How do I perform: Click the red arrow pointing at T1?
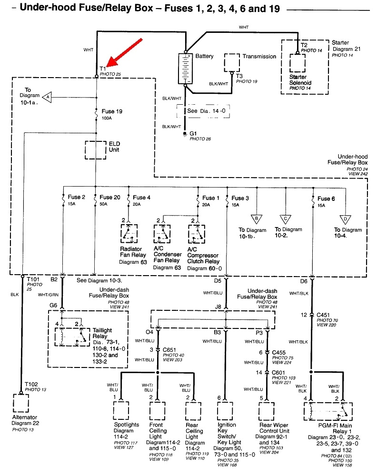pos(125,52)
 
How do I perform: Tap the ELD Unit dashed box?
pos(96,149)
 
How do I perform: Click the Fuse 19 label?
pos(112,111)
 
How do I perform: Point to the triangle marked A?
pos(47,97)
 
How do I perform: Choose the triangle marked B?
pos(257,218)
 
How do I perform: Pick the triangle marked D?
pos(345,218)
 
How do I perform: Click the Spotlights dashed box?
pos(121,410)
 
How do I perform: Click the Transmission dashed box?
pos(232,62)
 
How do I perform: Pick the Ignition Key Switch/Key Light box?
pos(226,410)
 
